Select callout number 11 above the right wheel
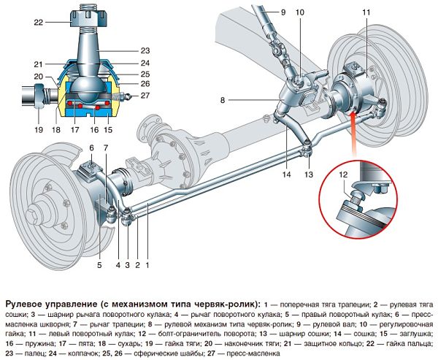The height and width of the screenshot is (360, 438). (365, 13)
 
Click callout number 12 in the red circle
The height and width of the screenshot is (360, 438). (344, 174)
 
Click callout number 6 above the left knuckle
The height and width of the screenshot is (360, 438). (92, 148)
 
